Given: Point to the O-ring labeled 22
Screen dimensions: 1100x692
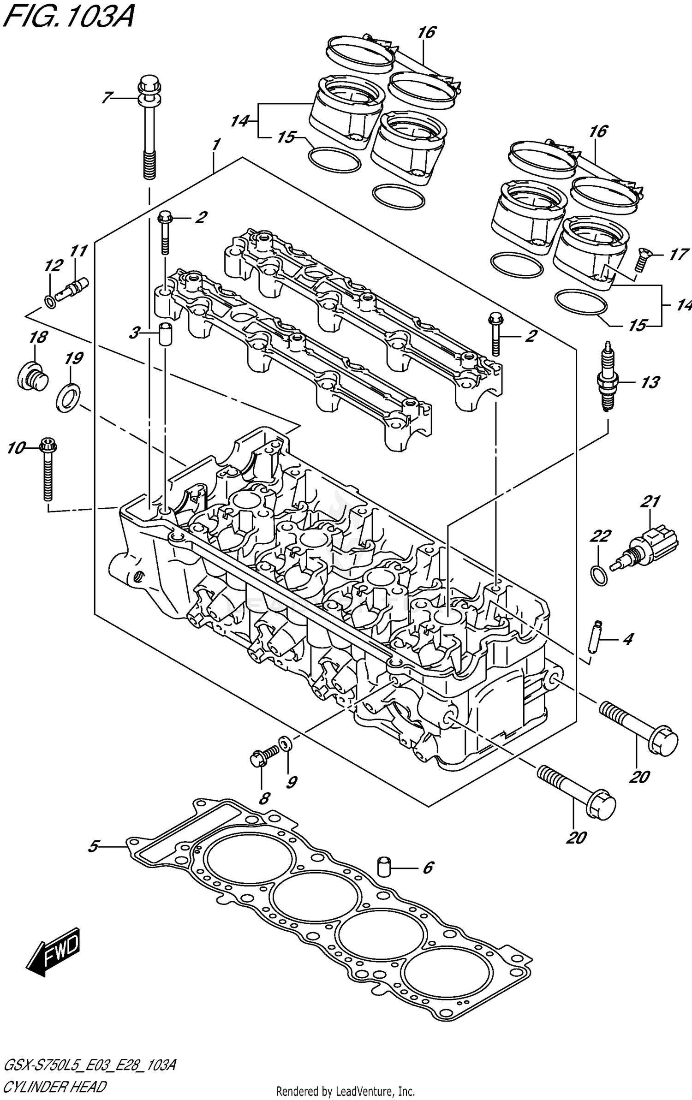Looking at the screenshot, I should [599, 575].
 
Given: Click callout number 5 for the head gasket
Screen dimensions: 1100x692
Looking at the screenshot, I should [94, 846].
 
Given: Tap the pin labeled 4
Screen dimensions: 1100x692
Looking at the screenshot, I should [594, 636].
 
